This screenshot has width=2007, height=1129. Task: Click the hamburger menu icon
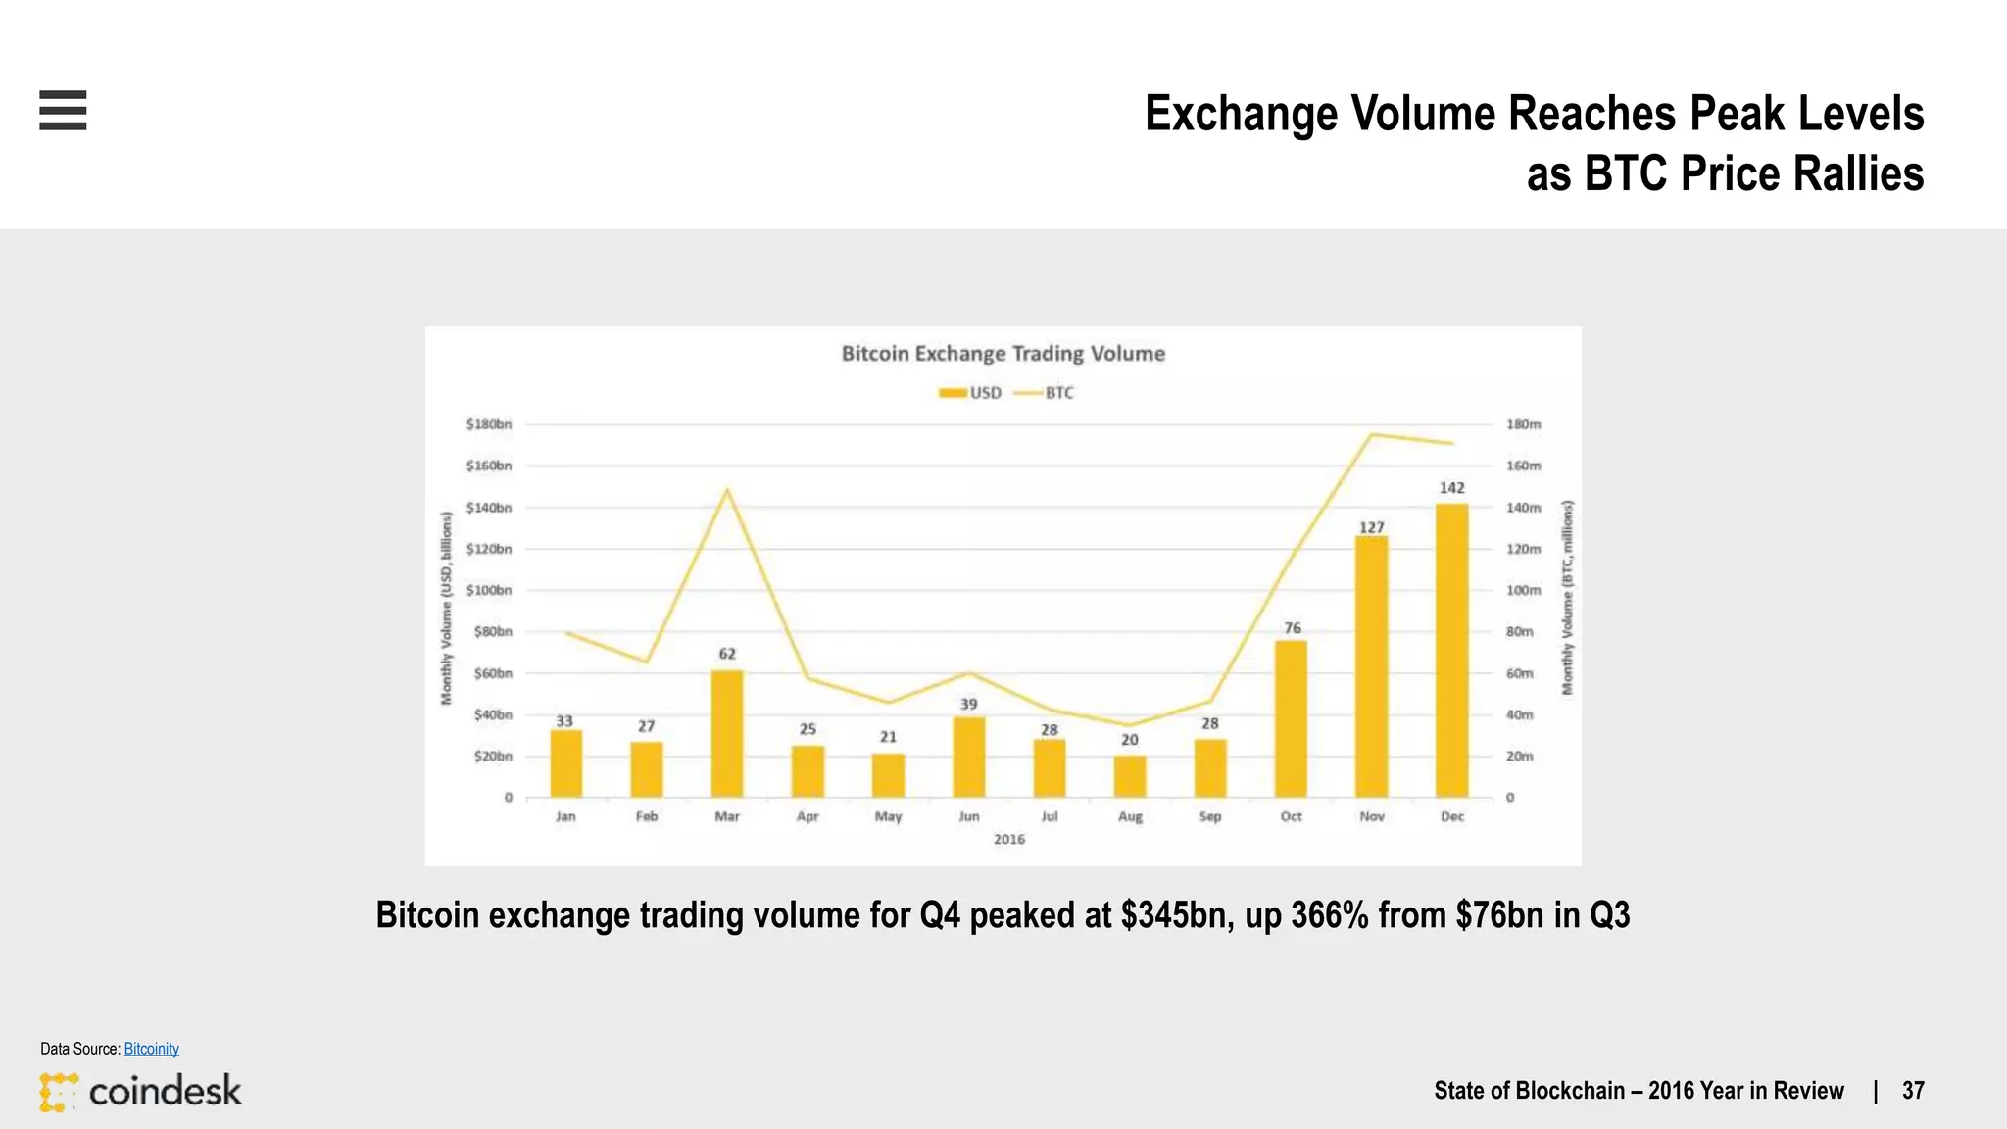pyautogui.click(x=63, y=110)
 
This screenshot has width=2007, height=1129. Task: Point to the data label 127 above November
pyautogui.click(x=1371, y=527)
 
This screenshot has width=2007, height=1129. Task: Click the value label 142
pyautogui.click(x=1451, y=488)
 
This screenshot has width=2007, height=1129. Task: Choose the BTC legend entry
pyautogui.click(x=1045, y=393)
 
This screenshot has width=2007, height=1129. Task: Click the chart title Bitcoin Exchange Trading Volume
pyautogui.click(x=1003, y=354)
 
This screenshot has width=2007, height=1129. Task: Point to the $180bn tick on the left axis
pyautogui.click(x=488, y=424)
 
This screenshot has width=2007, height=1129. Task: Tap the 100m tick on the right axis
pyautogui.click(x=1523, y=590)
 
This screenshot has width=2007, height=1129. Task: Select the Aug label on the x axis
pyautogui.click(x=1130, y=816)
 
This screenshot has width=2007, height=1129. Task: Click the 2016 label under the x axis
pyautogui.click(x=1008, y=839)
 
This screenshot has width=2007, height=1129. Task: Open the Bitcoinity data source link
pyautogui.click(x=151, y=1049)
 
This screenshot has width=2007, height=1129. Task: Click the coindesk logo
pyautogui.click(x=140, y=1091)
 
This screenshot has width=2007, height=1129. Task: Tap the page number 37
pyautogui.click(x=1913, y=1091)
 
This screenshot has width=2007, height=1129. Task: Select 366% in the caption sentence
pyautogui.click(x=1329, y=915)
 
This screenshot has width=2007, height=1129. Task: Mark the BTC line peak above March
pyautogui.click(x=727, y=489)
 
